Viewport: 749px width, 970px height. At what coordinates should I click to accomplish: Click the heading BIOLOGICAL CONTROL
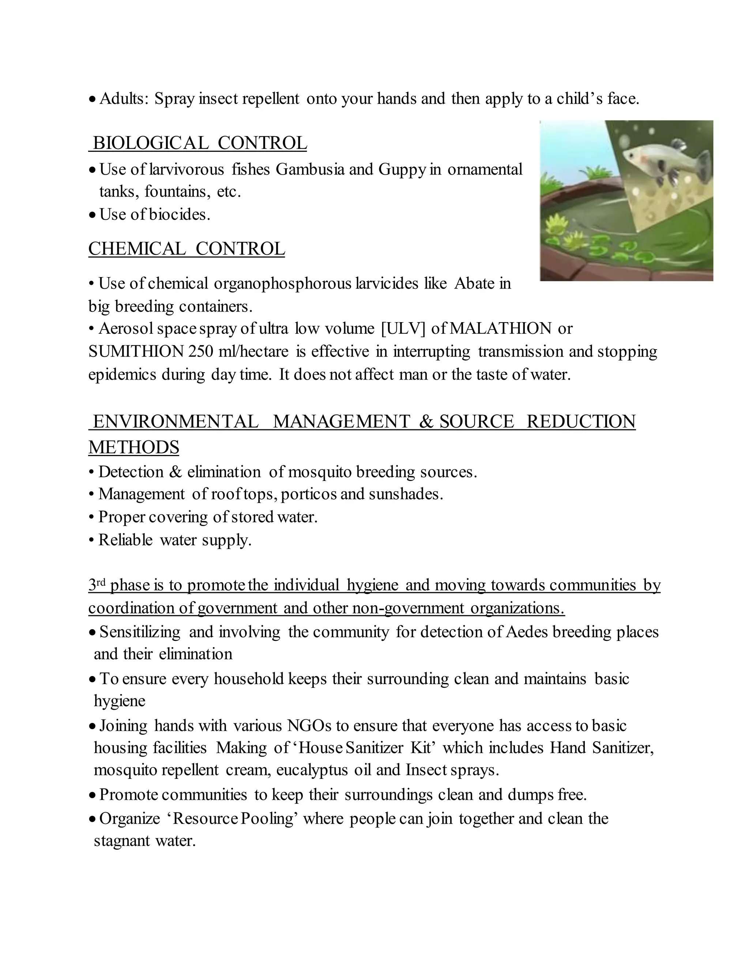[200, 143]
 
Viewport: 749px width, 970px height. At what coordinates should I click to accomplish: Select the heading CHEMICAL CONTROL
[187, 248]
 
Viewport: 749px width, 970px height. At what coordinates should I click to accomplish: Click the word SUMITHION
[136, 351]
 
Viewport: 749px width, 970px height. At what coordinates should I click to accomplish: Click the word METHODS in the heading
[133, 447]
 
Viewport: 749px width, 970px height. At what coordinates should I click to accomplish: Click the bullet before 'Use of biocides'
[92, 215]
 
